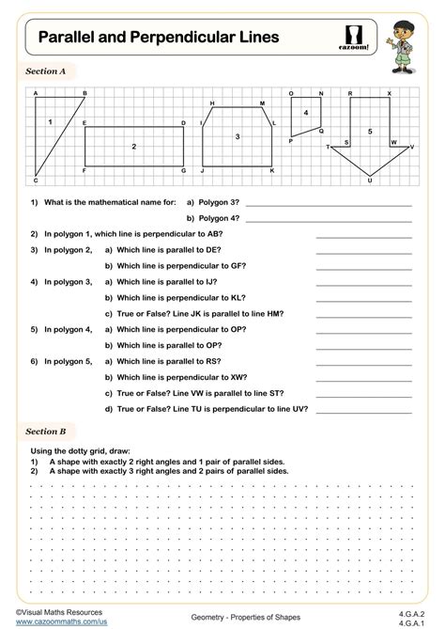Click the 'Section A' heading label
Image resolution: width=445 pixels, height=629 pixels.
point(46,71)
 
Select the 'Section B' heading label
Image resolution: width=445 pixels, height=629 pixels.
point(46,431)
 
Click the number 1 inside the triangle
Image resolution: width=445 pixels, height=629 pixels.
point(50,122)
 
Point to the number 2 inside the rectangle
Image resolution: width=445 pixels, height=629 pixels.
point(134,147)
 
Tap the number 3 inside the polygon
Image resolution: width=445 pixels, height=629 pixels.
point(238,137)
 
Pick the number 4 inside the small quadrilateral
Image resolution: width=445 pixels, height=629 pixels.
point(305,113)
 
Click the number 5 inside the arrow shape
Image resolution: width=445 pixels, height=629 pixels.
point(370,132)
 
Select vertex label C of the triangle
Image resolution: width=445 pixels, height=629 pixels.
point(36,181)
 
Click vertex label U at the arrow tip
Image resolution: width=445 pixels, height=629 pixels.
point(370,181)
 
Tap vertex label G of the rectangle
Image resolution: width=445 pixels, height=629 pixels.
point(184,171)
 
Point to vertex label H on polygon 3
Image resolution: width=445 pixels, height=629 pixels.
point(212,102)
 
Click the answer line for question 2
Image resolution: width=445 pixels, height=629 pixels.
point(363,234)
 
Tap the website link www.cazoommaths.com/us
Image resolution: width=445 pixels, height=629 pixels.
point(55,621)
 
